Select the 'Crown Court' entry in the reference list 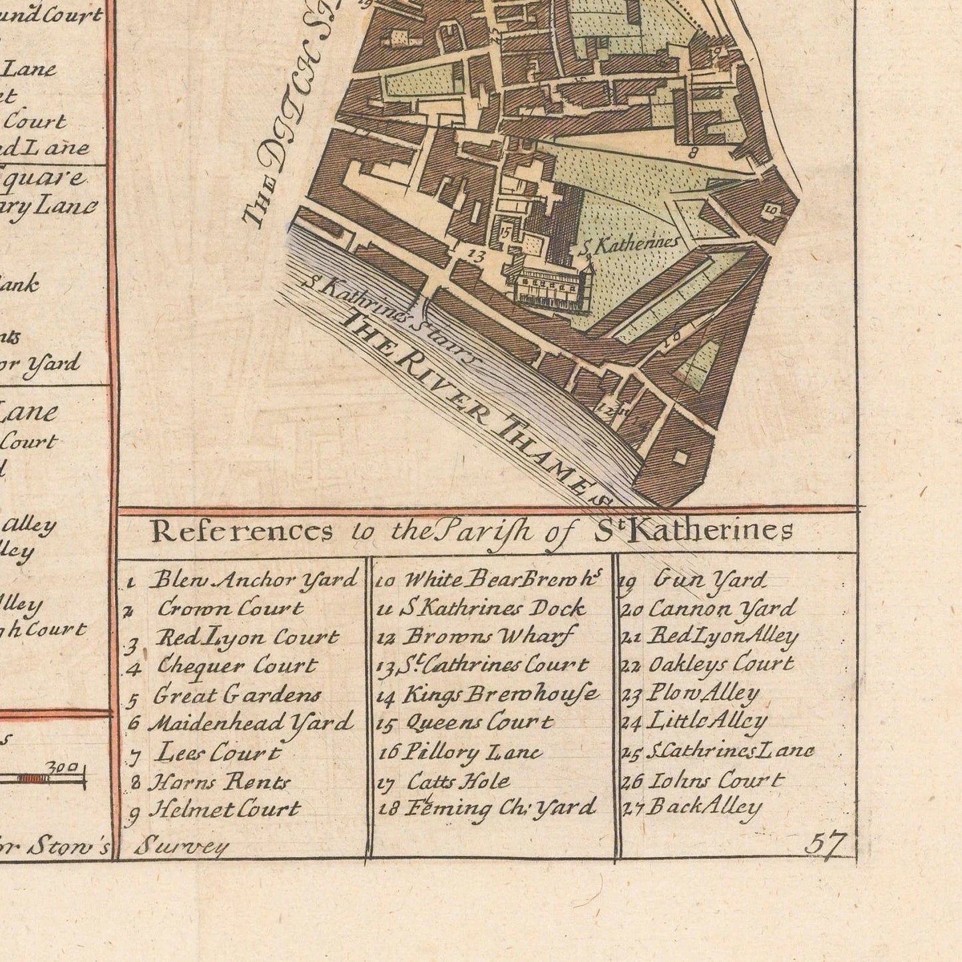(230, 608)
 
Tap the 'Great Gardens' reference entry (236, 696)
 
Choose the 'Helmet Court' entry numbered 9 (224, 810)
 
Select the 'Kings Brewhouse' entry (500, 695)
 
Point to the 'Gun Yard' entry (710, 581)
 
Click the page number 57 (825, 843)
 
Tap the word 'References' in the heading (242, 531)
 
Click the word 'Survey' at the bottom (181, 847)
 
